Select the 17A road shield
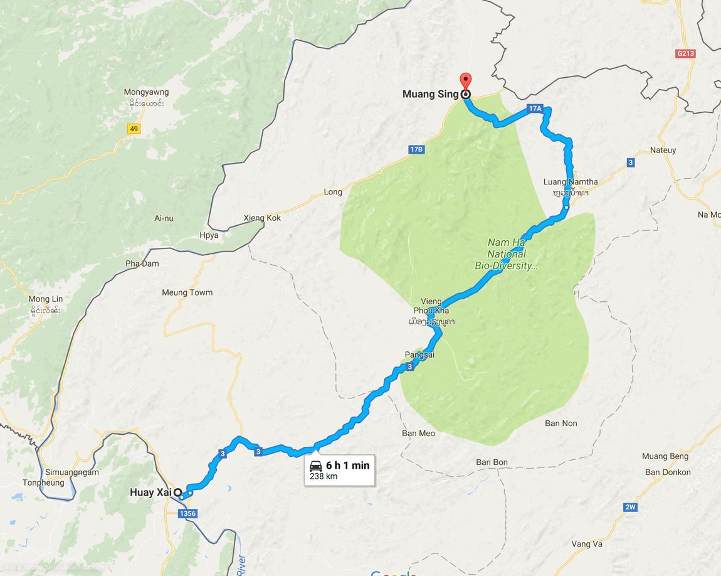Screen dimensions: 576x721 534,109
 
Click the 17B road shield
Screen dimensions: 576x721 416,149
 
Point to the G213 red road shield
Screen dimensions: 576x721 686,54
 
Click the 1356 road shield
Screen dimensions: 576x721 187,514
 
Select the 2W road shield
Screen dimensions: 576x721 630,507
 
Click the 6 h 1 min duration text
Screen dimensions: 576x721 347,466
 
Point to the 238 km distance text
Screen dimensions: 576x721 324,476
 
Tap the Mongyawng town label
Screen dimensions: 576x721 146,92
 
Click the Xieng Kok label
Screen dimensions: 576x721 262,218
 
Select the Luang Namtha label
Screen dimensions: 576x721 571,182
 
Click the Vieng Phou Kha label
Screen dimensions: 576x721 431,306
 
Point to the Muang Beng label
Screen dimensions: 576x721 665,456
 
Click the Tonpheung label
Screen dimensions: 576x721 43,483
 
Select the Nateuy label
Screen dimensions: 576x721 663,151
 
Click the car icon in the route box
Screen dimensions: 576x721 316,466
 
